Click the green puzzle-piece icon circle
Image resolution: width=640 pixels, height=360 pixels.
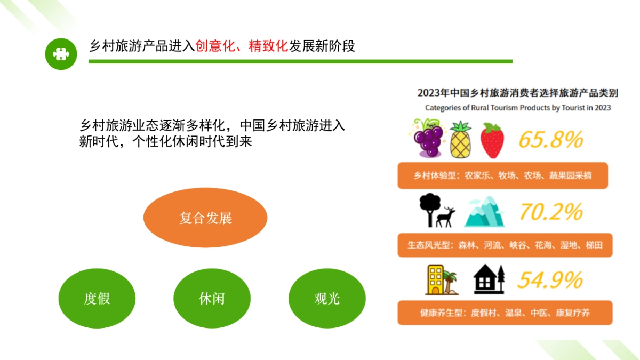[61, 54]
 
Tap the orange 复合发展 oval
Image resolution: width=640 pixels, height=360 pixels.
[205, 218]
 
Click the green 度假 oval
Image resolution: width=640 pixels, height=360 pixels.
[97, 298]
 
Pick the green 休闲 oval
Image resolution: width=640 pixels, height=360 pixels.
[212, 298]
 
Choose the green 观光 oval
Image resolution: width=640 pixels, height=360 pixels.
[327, 298]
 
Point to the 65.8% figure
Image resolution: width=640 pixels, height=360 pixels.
[550, 140]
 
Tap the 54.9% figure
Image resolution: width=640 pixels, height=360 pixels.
[550, 280]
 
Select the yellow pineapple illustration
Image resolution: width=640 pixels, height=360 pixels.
[461, 139]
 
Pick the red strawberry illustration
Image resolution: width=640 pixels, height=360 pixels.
[492, 140]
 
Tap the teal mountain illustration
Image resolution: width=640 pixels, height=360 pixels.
[484, 211]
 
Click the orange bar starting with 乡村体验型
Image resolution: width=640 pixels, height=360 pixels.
[502, 175]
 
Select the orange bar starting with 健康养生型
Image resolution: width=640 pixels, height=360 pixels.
[502, 313]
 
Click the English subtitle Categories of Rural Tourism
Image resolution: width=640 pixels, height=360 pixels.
[517, 108]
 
